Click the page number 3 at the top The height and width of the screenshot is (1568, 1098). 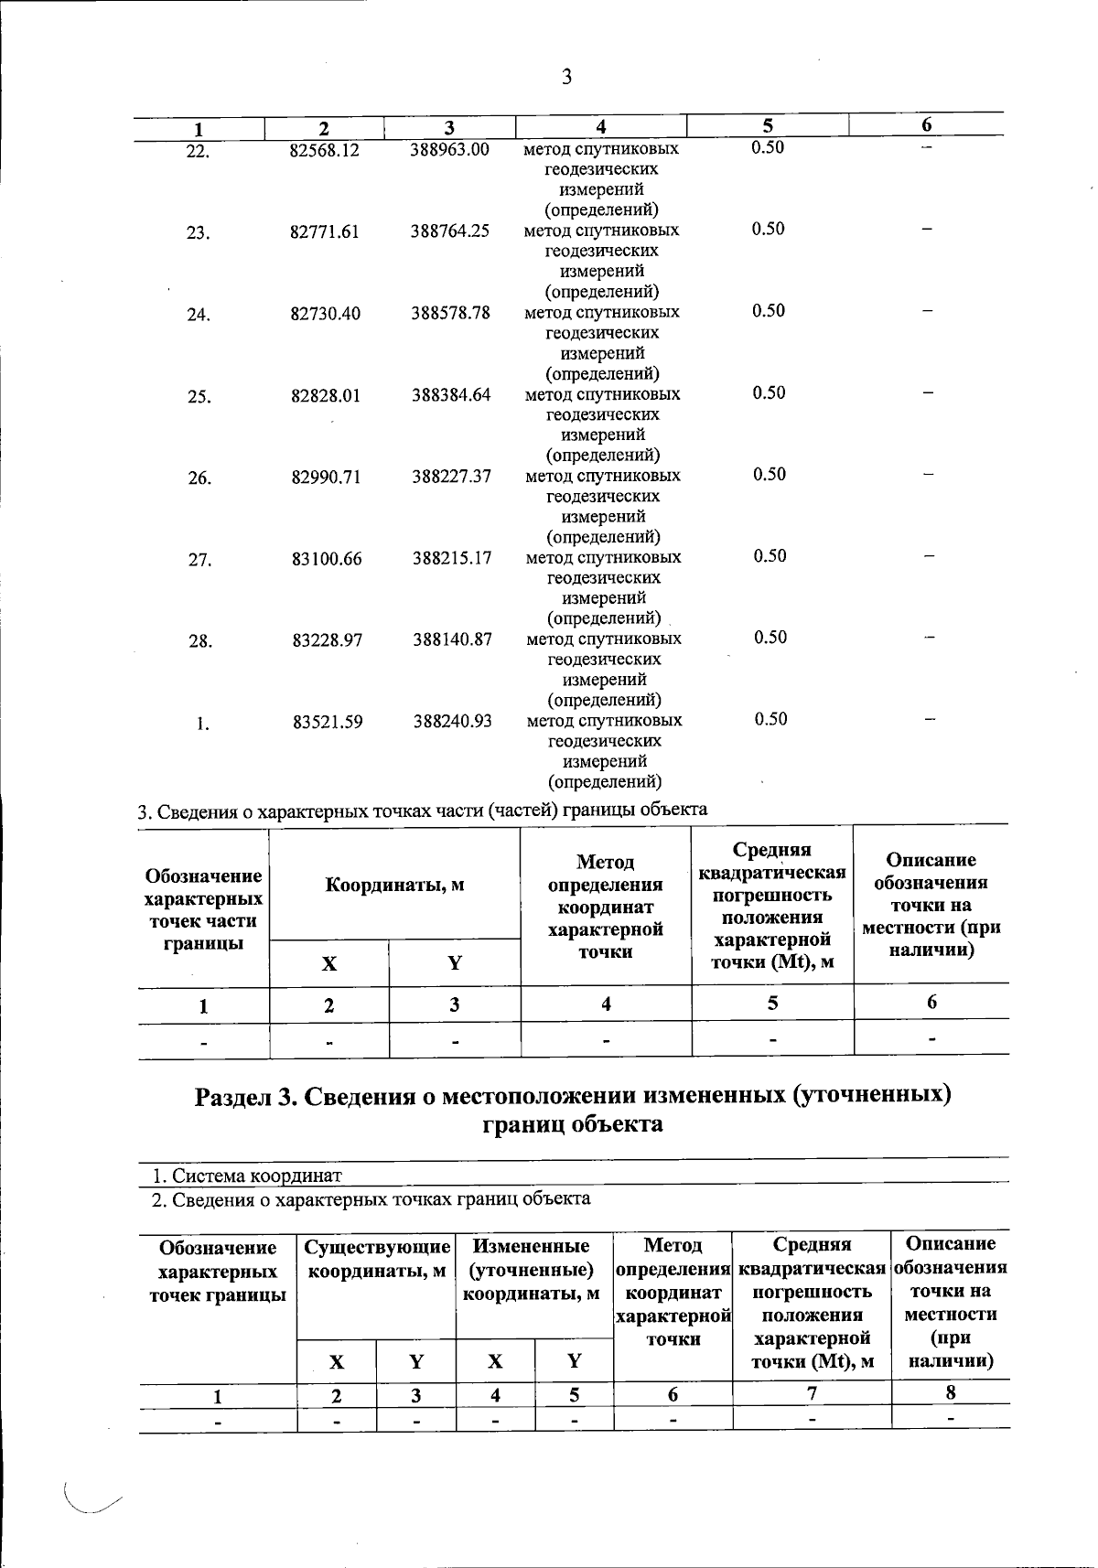click(x=566, y=78)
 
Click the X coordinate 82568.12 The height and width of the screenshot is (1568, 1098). click(x=324, y=150)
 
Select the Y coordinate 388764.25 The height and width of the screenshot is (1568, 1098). click(x=449, y=231)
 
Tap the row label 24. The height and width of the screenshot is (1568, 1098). click(x=198, y=316)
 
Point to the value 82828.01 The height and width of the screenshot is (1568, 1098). click(x=326, y=396)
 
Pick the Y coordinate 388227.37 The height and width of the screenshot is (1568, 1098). click(x=451, y=477)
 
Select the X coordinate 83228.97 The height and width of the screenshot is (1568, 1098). click(x=327, y=640)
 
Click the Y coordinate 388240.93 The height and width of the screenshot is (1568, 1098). click(x=452, y=722)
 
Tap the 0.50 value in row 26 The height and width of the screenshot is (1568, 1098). click(x=770, y=474)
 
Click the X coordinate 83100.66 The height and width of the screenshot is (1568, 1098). click(x=327, y=558)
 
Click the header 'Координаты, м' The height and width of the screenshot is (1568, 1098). click(x=394, y=885)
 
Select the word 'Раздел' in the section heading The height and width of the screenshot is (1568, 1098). click(x=233, y=1096)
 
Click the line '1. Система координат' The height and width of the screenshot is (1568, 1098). click(x=247, y=1176)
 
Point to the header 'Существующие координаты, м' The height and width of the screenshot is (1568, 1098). click(x=376, y=1259)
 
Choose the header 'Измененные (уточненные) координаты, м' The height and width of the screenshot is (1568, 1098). click(x=533, y=1270)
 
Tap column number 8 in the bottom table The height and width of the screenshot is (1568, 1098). click(x=951, y=1392)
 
